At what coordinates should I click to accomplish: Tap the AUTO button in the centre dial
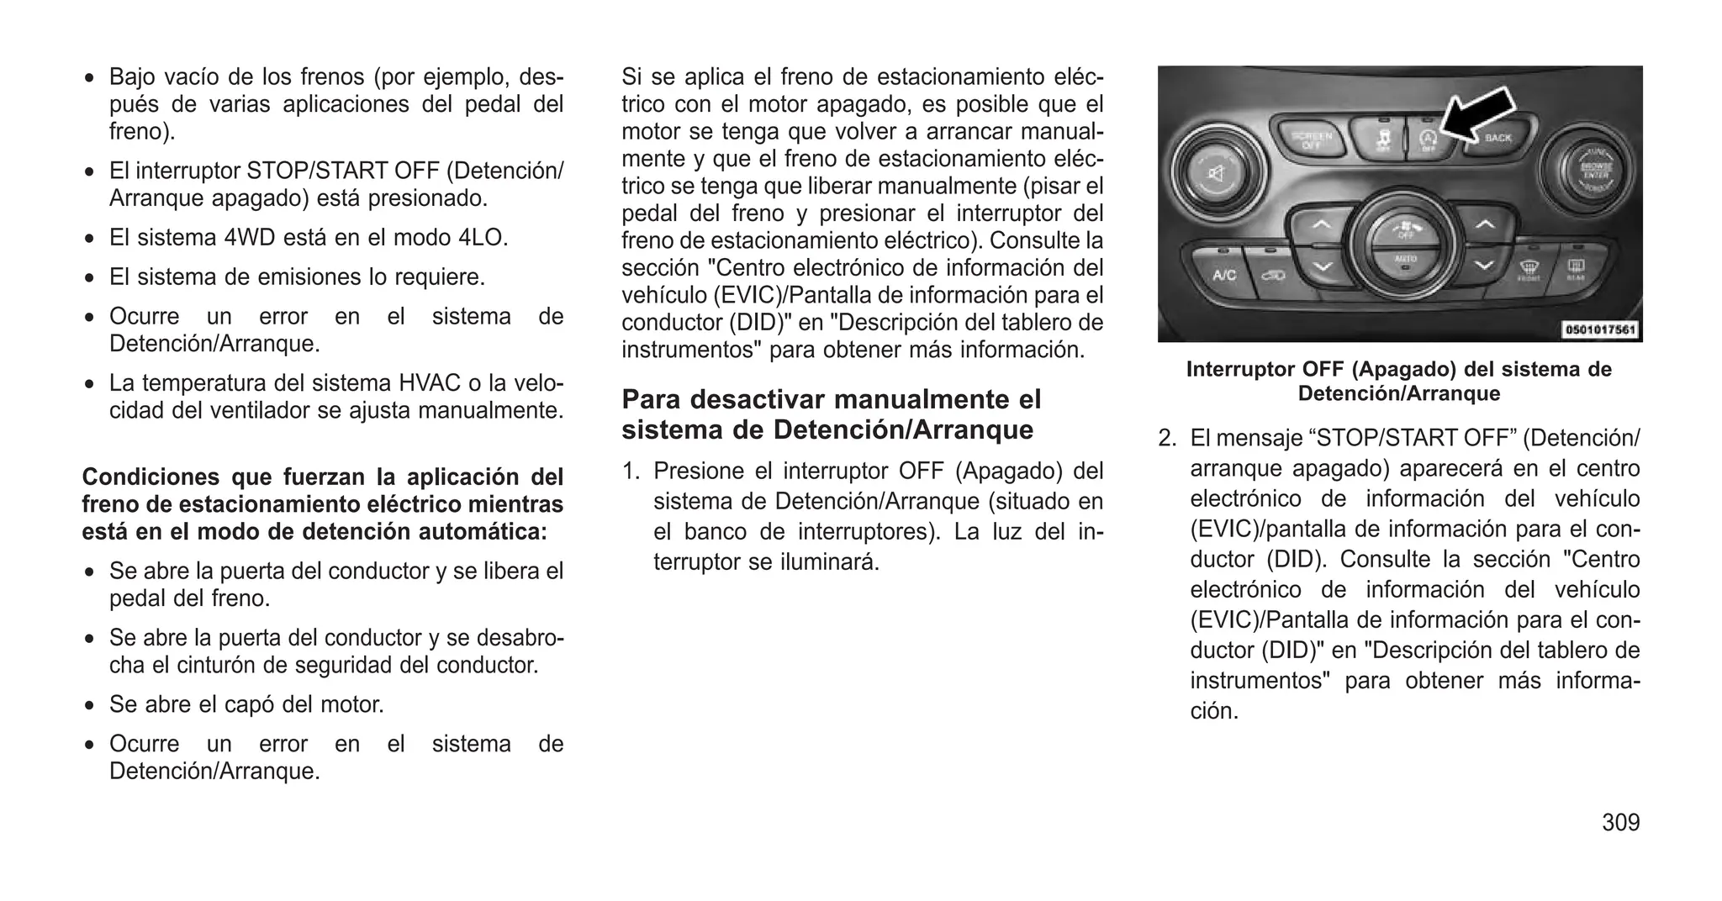coord(1405,260)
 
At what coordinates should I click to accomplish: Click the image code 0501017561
coord(1600,330)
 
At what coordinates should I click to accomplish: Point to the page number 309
coord(1620,822)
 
